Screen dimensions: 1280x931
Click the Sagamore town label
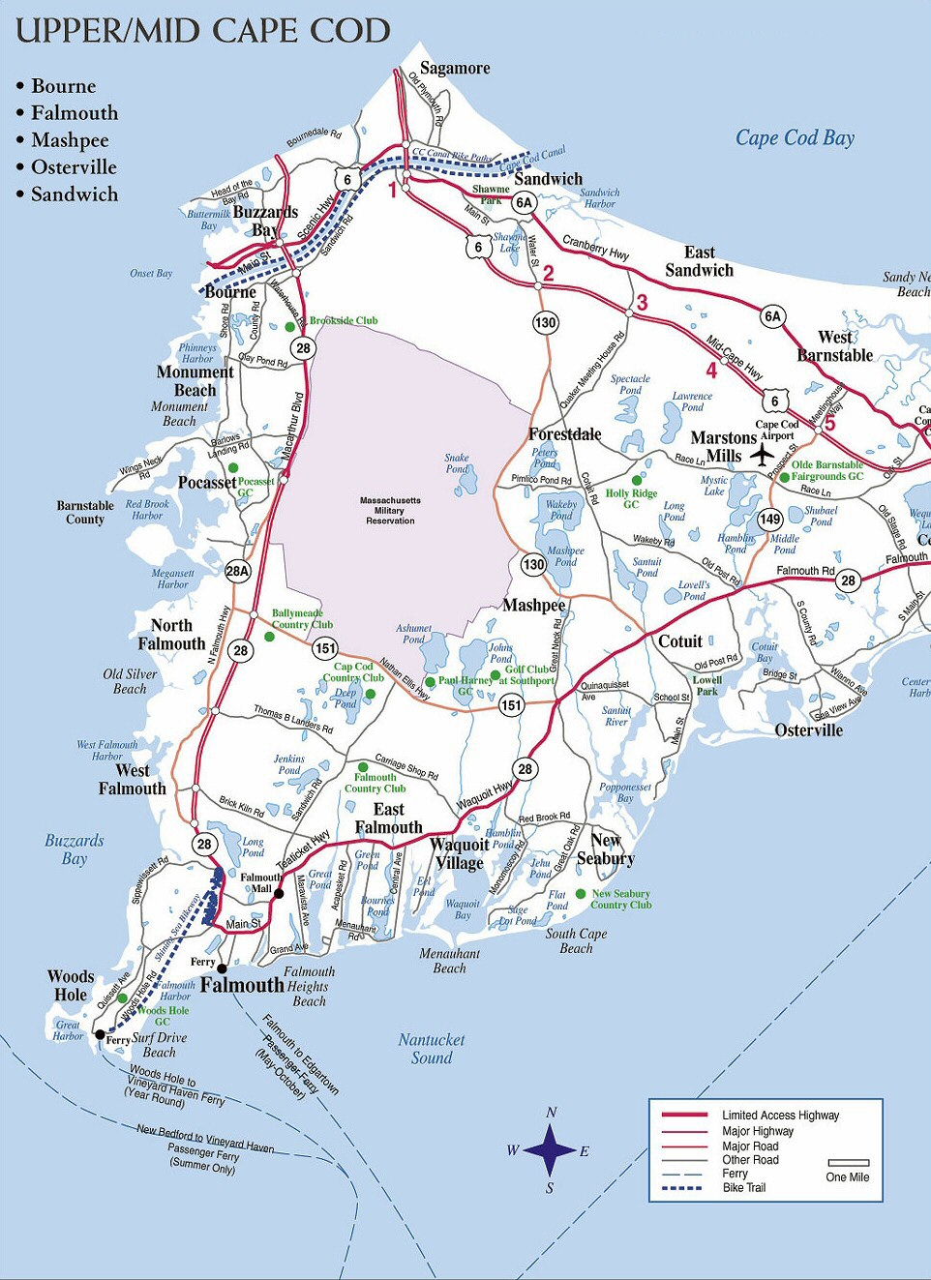coord(454,69)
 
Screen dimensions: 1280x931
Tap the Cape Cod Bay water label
coord(795,138)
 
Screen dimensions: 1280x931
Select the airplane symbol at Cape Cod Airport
coord(763,453)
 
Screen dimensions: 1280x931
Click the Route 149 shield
coord(769,520)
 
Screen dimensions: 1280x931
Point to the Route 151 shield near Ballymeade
coord(325,649)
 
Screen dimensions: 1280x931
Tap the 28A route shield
coord(237,571)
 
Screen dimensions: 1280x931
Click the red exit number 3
coord(642,304)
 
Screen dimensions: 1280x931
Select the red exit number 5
coord(829,423)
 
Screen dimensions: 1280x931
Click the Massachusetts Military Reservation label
coord(390,511)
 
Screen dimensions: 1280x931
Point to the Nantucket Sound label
coord(432,1049)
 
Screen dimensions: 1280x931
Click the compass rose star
coord(550,1150)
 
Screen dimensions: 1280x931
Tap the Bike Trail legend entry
coord(743,1187)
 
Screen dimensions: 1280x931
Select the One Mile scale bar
coord(848,1163)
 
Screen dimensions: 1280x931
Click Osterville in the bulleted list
coord(74,167)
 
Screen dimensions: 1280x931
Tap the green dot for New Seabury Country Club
coord(581,894)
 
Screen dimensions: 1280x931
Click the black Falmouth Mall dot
coord(279,894)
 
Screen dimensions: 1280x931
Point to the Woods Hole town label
coord(71,986)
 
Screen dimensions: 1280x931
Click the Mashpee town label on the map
coord(533,606)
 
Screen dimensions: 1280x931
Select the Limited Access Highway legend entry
coord(780,1116)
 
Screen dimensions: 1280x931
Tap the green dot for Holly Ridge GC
coord(636,480)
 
